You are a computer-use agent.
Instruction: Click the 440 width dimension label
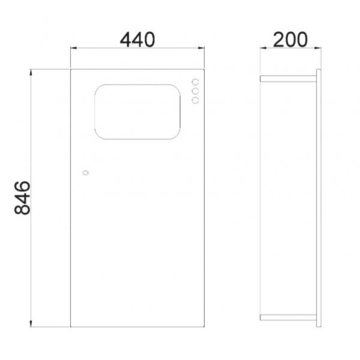pos(137,40)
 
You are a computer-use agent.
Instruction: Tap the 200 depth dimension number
pos(290,40)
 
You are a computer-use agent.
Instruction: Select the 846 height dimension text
pos(22,198)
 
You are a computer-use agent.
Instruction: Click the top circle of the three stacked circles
pos(195,82)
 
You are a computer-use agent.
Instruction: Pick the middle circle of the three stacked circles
pos(195,91)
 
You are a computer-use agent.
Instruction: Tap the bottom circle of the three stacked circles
pos(195,100)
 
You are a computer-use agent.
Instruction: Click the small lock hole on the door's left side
pos(85,173)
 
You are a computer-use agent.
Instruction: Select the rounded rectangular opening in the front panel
pos(94,112)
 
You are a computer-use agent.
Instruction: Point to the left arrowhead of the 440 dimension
pos(73,48)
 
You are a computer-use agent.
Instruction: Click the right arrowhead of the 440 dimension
pos(201,48)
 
